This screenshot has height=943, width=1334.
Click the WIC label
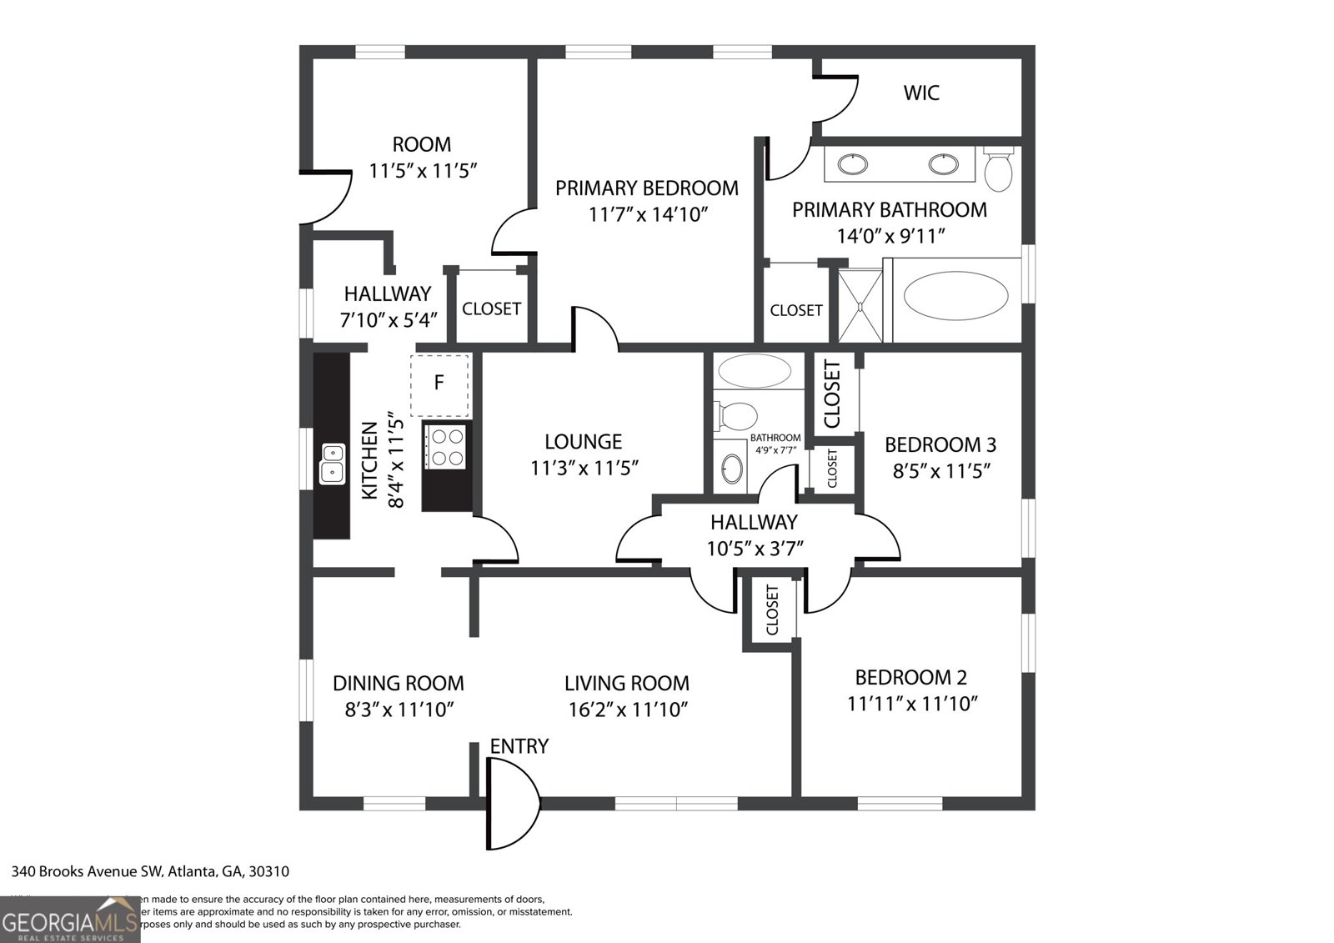pyautogui.click(x=921, y=93)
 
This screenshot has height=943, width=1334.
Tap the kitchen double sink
pyautogui.click(x=332, y=464)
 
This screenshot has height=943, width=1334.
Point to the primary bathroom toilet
pyautogui.click(x=998, y=169)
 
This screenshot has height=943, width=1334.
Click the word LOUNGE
pyautogui.click(x=584, y=442)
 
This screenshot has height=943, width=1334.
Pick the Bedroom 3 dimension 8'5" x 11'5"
pyautogui.click(x=941, y=471)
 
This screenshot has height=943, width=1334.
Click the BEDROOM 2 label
pyautogui.click(x=910, y=677)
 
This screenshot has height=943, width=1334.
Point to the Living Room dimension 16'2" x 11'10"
pyautogui.click(x=626, y=710)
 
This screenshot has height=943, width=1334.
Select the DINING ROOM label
pyautogui.click(x=398, y=684)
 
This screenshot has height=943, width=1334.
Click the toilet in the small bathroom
pyautogui.click(x=736, y=414)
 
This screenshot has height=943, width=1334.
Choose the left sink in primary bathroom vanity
pyautogui.click(x=853, y=164)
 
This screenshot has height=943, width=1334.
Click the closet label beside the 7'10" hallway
pyautogui.click(x=491, y=308)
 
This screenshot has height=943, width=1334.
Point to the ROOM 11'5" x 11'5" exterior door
pyautogui.click(x=328, y=198)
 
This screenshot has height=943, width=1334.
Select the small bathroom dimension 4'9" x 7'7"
pyautogui.click(x=775, y=450)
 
